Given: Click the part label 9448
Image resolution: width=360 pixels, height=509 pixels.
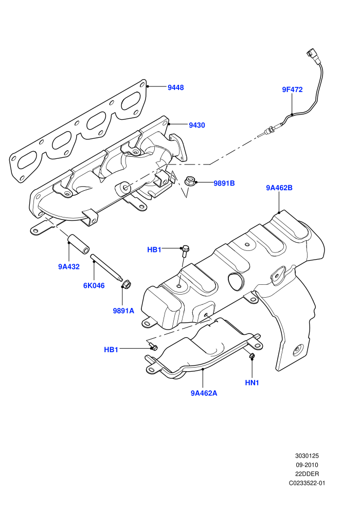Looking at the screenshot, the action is pyautogui.click(x=175, y=87).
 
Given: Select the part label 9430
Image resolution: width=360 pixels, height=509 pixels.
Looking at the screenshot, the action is pyautogui.click(x=197, y=125).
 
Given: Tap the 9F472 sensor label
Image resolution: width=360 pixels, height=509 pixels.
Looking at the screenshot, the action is pyautogui.click(x=292, y=89).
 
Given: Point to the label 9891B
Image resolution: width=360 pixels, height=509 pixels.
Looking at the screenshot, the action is pyautogui.click(x=224, y=184).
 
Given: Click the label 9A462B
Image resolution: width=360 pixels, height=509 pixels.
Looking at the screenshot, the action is pyautogui.click(x=279, y=188).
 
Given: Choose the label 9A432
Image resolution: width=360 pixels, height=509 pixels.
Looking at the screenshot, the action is pyautogui.click(x=69, y=267).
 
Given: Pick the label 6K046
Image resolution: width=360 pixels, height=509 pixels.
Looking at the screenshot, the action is pyautogui.click(x=94, y=286).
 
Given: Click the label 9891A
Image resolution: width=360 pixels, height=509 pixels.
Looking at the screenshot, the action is pyautogui.click(x=123, y=311).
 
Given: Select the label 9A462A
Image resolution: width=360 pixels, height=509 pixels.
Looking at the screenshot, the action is pyautogui.click(x=204, y=393).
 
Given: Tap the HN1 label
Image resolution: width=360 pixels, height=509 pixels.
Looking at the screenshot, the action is pyautogui.click(x=252, y=383).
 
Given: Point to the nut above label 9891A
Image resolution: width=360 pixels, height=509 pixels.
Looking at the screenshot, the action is pyautogui.click(x=125, y=285).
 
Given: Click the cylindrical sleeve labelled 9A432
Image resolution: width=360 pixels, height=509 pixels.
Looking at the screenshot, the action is pyautogui.click(x=78, y=244).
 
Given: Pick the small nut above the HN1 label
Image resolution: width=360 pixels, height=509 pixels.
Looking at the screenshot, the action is pyautogui.click(x=251, y=356).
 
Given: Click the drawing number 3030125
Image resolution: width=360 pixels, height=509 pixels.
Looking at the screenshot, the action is pyautogui.click(x=307, y=456).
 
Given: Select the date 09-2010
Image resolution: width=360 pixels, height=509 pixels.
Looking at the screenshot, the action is pyautogui.click(x=307, y=465).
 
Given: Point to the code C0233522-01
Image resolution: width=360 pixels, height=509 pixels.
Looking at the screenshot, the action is pyautogui.click(x=307, y=483).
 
